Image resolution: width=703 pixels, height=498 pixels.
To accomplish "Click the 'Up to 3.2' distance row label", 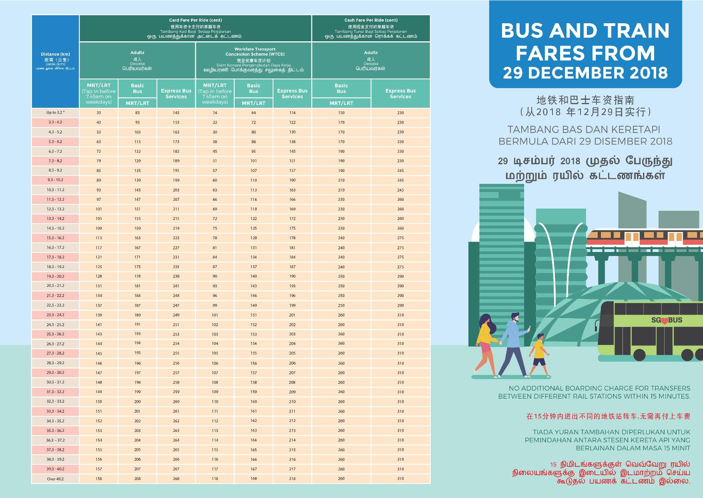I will tap(55, 113).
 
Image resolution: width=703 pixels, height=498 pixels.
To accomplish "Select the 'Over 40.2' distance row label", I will tap(55, 479).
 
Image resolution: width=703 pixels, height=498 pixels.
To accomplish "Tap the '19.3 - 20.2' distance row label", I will tap(55, 276).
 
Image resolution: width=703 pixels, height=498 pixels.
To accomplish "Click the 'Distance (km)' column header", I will tap(55, 54).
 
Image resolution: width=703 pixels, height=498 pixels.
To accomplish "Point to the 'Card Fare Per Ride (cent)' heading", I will tap(195, 20).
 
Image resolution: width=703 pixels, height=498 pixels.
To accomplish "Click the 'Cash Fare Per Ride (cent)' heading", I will tap(371, 20).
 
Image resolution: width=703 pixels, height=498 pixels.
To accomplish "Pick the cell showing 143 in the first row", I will tap(176, 113).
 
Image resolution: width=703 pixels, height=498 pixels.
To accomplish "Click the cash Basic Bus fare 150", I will tap(341, 113).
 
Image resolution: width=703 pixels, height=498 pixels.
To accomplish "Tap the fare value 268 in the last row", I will tap(176, 479).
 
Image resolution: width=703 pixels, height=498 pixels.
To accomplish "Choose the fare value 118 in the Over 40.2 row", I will tap(215, 479).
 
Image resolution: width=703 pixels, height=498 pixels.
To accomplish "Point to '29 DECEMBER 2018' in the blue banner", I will tap(585, 73).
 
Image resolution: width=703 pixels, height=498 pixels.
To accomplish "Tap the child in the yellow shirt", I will tap(539, 355).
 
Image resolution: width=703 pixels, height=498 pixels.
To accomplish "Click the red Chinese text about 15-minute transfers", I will tap(608, 417).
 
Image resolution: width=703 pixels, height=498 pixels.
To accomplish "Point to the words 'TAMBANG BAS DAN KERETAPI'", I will tap(585, 129).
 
